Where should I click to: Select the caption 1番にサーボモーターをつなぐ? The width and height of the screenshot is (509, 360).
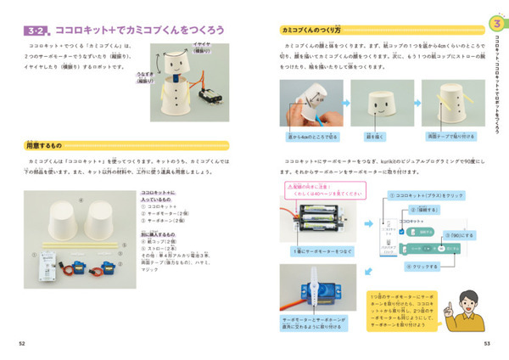pos(317,251)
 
